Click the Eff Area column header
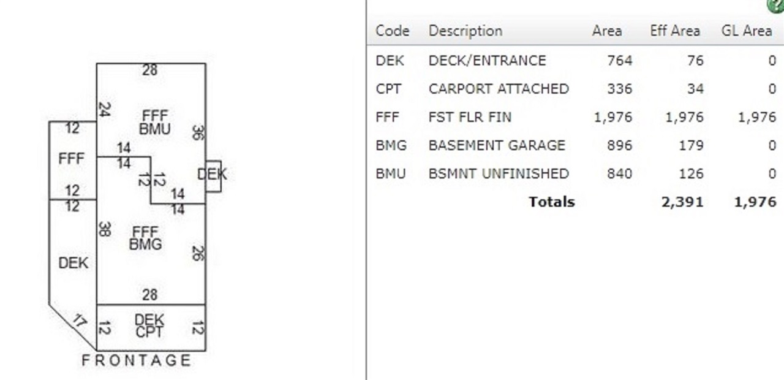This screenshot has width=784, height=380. (x=675, y=31)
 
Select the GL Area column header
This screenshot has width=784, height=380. (x=747, y=31)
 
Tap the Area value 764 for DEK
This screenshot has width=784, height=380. (x=620, y=61)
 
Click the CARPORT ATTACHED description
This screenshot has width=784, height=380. (x=499, y=89)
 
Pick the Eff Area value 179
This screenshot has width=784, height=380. (x=692, y=145)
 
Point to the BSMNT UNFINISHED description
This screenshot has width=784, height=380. (x=499, y=173)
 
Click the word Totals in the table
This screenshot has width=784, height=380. (x=552, y=202)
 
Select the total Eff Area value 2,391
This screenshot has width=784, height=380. (x=682, y=202)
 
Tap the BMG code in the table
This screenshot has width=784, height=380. (x=391, y=145)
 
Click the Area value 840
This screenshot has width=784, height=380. (x=620, y=173)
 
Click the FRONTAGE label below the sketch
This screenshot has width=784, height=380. (x=137, y=360)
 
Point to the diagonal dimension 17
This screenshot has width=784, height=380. (x=80, y=321)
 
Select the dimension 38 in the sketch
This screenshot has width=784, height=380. (x=105, y=229)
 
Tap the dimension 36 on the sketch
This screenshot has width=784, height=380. (x=198, y=133)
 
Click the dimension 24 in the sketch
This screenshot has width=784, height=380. (x=105, y=109)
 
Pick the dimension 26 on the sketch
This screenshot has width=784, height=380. (x=198, y=253)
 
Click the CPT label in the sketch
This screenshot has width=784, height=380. (x=149, y=332)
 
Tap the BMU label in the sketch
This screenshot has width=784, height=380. (x=155, y=129)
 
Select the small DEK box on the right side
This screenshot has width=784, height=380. (x=213, y=176)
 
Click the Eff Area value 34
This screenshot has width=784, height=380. (x=695, y=89)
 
